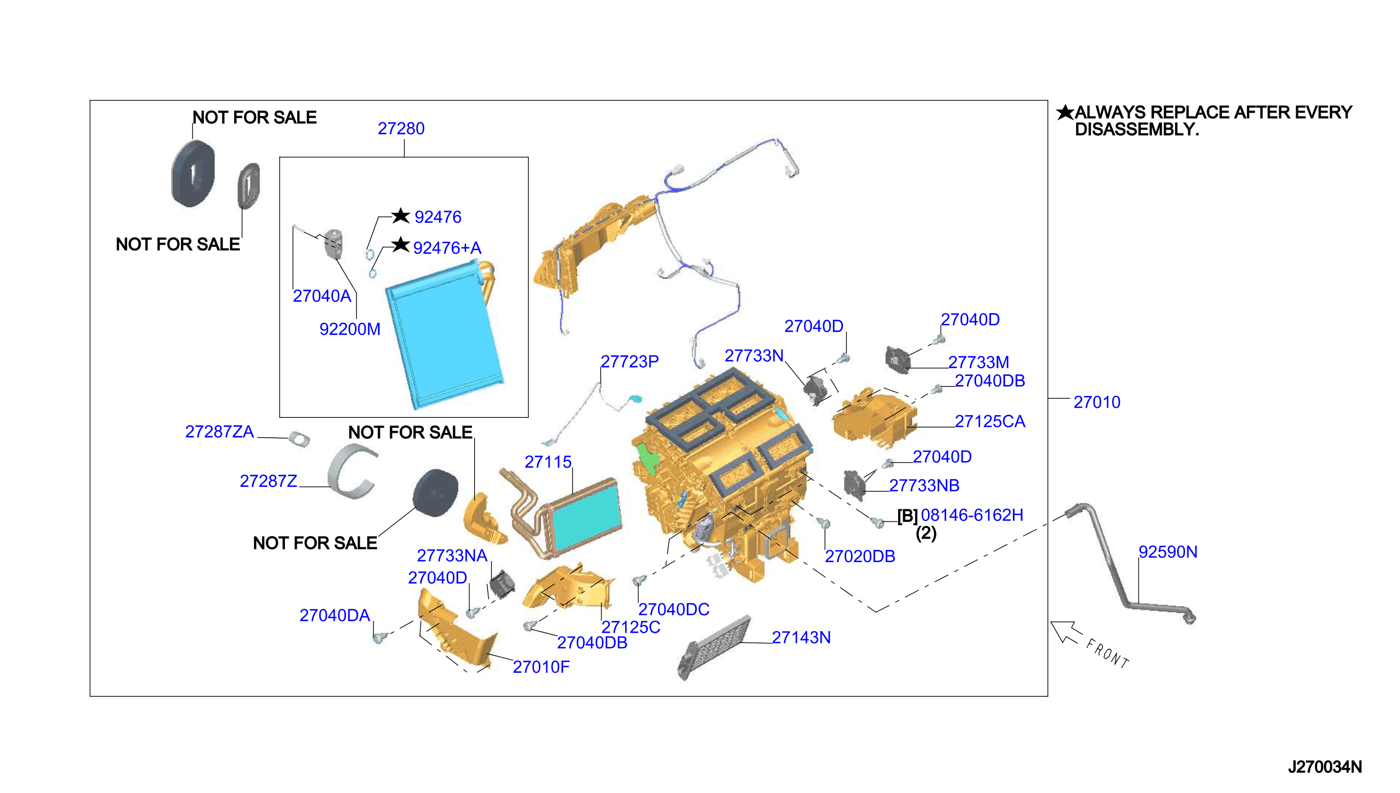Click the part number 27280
(400, 129)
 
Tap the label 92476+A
(447, 248)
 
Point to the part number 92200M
(350, 329)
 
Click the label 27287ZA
(219, 431)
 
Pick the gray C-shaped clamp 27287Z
(351, 472)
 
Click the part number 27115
(547, 462)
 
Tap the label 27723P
(629, 361)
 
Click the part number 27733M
(978, 362)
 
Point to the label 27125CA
(990, 421)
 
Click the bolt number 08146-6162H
(972, 515)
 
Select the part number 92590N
(1167, 551)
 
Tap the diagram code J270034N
(1324, 767)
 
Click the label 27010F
(541, 667)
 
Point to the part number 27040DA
(335, 615)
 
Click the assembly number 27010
(1096, 402)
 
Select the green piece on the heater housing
(648, 456)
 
